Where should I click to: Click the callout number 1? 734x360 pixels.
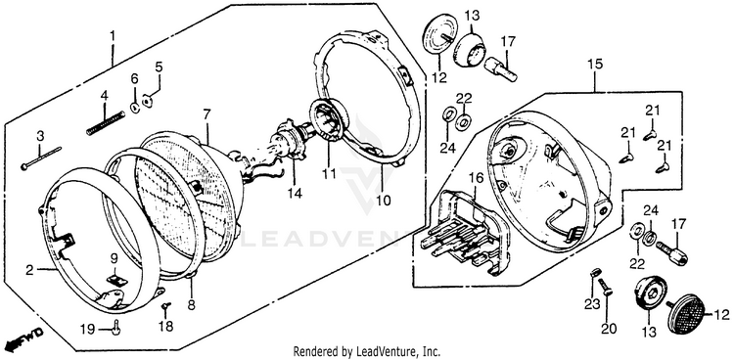112,35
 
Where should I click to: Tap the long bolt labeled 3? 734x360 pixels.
41,158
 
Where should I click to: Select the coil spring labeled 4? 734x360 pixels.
106,122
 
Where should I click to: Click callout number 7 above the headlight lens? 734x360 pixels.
206,113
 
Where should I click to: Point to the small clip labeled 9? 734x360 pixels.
116,280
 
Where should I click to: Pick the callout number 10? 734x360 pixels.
383,202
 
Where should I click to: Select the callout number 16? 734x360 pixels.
476,177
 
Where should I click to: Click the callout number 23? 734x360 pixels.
591,305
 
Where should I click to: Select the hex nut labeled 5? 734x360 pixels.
147,101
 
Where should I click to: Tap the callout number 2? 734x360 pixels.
29,270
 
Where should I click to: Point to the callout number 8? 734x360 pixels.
191,305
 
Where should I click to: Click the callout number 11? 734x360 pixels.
329,174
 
